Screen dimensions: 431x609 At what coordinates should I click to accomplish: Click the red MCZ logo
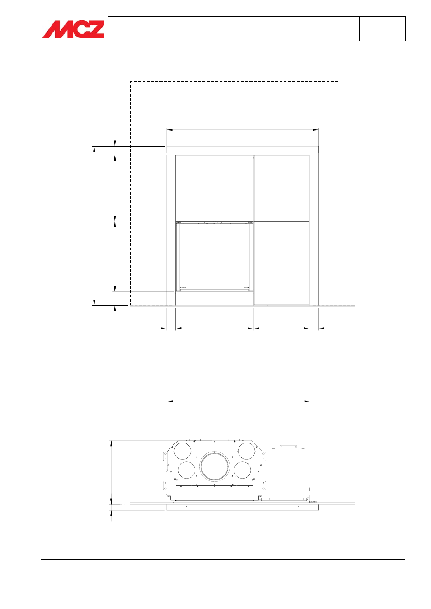tap(73, 29)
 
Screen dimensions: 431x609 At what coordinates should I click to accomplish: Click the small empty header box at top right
tap(382, 28)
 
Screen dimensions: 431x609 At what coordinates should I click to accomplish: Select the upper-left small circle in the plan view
tap(183, 451)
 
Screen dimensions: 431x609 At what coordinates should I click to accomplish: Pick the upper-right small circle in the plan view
tap(247, 451)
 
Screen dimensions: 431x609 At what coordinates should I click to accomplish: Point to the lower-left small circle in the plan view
tap(187, 470)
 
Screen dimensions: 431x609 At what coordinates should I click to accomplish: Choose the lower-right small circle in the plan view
tap(242, 470)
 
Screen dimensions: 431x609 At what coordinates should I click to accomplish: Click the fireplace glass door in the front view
tap(215, 256)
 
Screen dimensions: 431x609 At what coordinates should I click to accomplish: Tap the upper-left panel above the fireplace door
tap(215, 188)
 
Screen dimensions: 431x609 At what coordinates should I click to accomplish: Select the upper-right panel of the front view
tap(281, 188)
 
